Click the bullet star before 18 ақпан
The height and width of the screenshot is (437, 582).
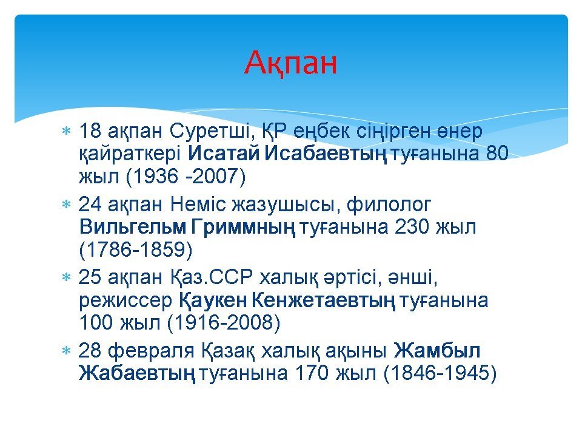pyautogui.click(x=66, y=131)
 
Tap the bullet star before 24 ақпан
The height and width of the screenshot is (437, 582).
pyautogui.click(x=66, y=204)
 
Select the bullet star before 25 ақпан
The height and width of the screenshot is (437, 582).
pyautogui.click(x=66, y=277)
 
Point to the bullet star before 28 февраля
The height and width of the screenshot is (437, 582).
pyautogui.click(x=66, y=350)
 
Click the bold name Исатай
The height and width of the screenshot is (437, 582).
pyautogui.click(x=224, y=153)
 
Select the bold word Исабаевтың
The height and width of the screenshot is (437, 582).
pyautogui.click(x=326, y=154)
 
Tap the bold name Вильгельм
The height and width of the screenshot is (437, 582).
pyautogui.click(x=133, y=226)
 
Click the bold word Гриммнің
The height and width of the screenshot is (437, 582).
pyautogui.click(x=244, y=227)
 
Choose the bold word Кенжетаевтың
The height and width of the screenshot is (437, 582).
pyautogui.click(x=323, y=300)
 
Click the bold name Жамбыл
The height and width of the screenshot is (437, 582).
pyautogui.click(x=437, y=350)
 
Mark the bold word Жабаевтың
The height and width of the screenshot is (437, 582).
pyautogui.click(x=137, y=373)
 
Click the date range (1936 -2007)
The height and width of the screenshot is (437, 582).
pyautogui.click(x=186, y=176)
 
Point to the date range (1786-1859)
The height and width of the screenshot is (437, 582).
pyautogui.click(x=136, y=249)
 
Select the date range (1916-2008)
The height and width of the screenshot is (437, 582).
pyautogui.click(x=224, y=322)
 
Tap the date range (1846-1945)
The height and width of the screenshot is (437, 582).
pyautogui.click(x=440, y=373)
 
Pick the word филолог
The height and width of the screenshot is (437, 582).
pyautogui.click(x=389, y=205)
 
